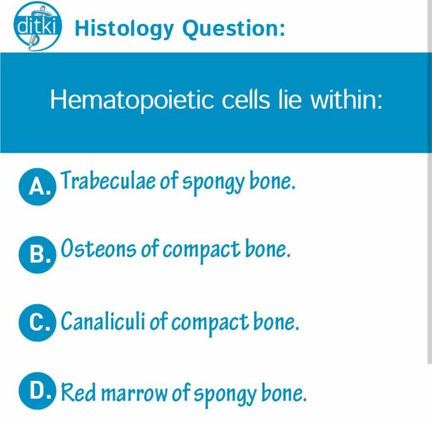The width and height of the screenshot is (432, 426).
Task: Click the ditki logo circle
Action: [x=38, y=26]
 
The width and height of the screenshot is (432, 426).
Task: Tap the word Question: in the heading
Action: [x=234, y=28]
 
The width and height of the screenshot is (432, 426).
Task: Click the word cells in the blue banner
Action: [x=245, y=99]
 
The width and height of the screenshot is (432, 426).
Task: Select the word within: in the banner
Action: [x=346, y=99]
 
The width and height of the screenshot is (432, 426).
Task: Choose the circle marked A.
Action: [x=37, y=187]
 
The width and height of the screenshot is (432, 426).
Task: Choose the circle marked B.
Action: [x=37, y=255]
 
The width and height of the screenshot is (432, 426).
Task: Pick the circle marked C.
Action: [x=37, y=323]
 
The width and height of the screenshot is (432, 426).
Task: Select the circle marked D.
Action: [x=37, y=391]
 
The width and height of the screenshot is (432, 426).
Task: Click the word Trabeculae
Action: [x=107, y=180]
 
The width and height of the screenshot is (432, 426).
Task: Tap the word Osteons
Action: [x=98, y=248]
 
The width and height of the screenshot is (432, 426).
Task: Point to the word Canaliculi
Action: [x=103, y=321]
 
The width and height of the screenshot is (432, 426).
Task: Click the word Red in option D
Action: [x=78, y=392]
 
